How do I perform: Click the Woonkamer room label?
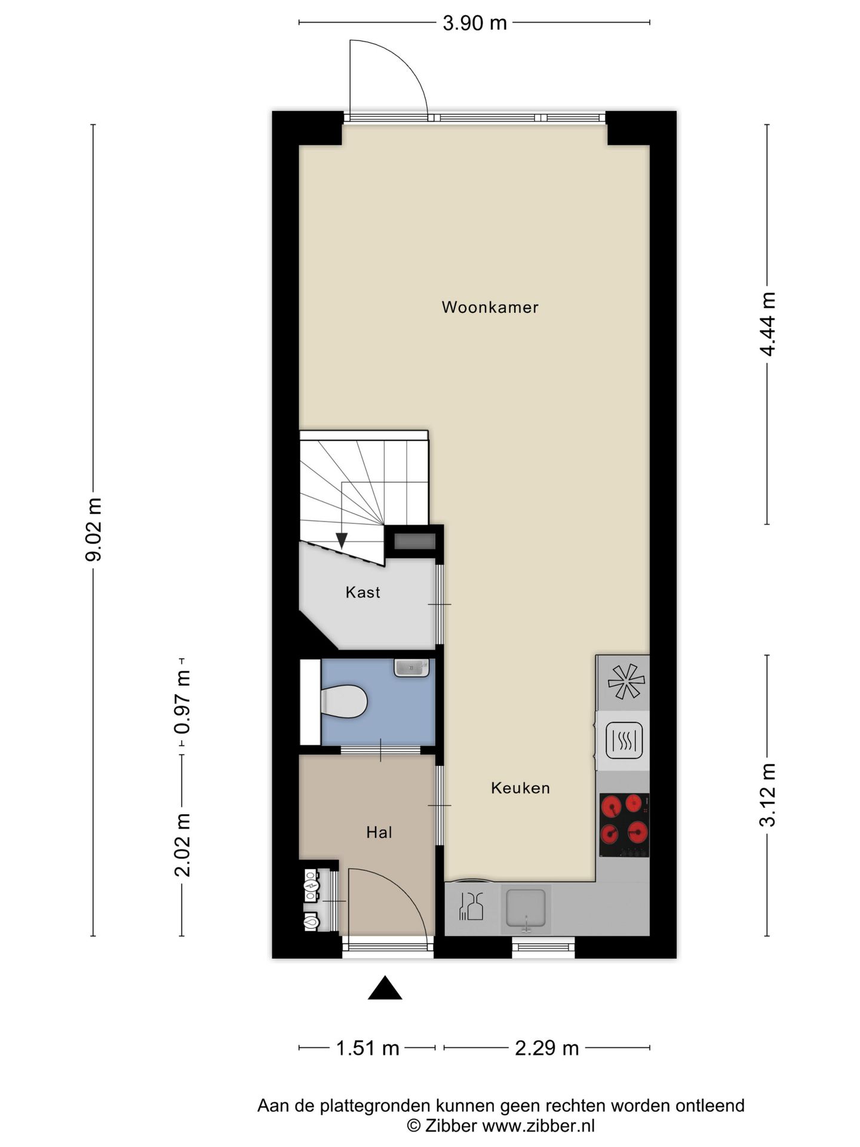[x=490, y=307]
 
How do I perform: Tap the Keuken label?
[x=520, y=788]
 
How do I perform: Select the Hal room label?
[x=379, y=832]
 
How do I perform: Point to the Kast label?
[x=363, y=592]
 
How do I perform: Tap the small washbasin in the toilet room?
[x=411, y=667]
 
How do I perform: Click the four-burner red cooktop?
[x=624, y=825]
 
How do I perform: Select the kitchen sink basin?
[x=526, y=908]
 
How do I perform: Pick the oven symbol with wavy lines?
[x=624, y=740]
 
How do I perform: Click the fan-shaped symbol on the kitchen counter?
[x=626, y=682]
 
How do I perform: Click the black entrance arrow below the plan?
[x=385, y=987]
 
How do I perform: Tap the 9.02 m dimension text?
[x=94, y=529]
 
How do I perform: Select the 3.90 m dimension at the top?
[x=474, y=23]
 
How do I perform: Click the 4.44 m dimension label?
[x=767, y=324]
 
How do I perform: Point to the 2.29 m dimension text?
[x=547, y=1048]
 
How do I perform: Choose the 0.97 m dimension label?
[x=182, y=703]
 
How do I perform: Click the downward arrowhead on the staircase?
[x=342, y=541]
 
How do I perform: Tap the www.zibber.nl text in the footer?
[x=538, y=1126]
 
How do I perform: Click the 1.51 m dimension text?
[x=367, y=1048]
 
